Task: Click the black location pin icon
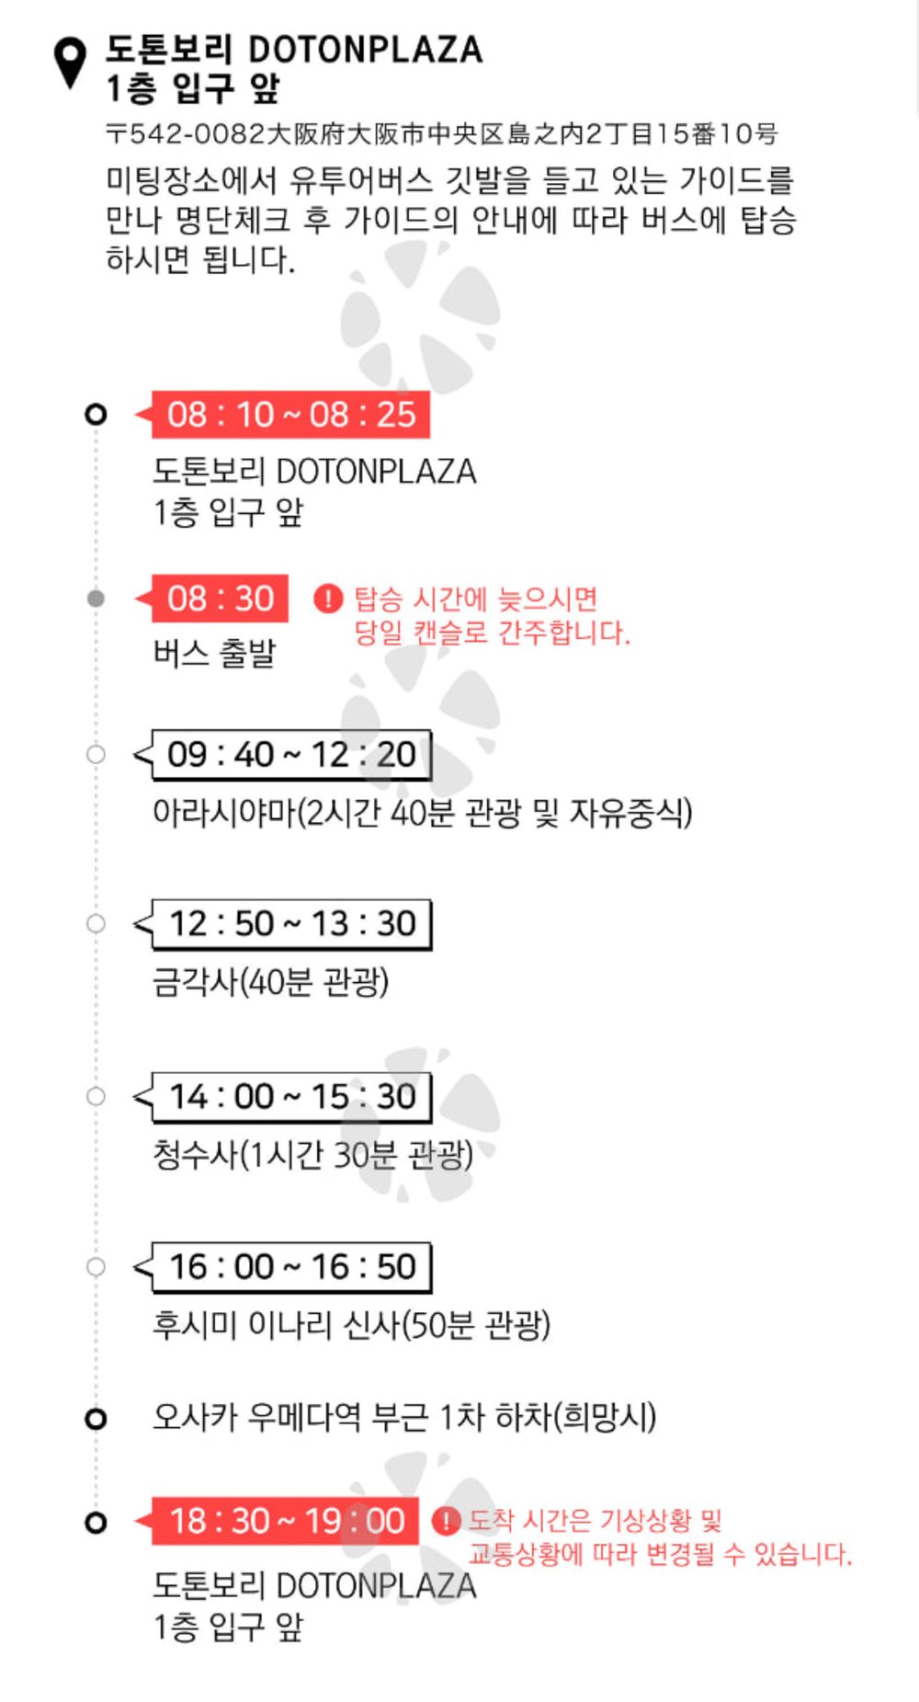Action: click(71, 63)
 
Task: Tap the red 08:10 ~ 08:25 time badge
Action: click(290, 415)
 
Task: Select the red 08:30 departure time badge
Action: click(220, 599)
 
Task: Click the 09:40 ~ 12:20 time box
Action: click(291, 755)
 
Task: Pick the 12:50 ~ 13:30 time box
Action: click(291, 924)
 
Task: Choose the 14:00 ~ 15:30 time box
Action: click(291, 1097)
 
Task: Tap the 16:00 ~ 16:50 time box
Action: click(291, 1267)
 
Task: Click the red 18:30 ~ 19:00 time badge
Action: click(285, 1522)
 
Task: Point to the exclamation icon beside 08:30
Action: click(328, 599)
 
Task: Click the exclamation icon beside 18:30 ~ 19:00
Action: click(446, 1521)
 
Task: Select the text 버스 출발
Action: click(214, 654)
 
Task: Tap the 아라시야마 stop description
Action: click(422, 813)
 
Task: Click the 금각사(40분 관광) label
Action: click(270, 982)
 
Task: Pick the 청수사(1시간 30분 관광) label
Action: click(312, 1154)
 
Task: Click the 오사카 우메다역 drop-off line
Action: click(404, 1417)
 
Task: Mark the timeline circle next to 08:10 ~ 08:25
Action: click(96, 415)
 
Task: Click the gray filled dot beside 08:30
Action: click(96, 599)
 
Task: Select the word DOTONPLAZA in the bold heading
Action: click(366, 50)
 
